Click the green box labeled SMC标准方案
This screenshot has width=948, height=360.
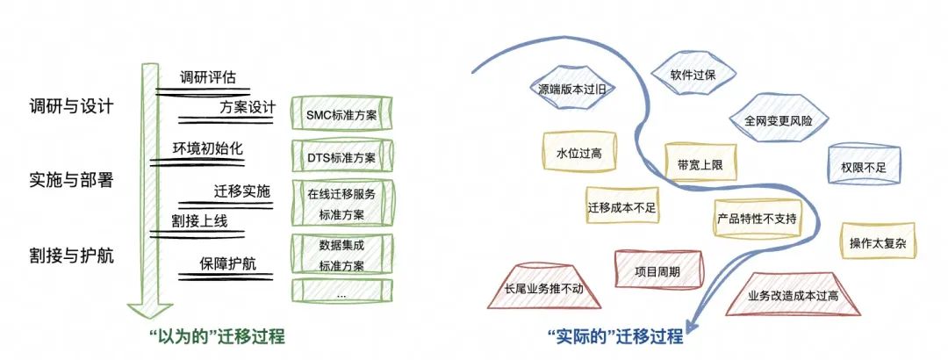(x=342, y=112)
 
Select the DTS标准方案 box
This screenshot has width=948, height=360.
(x=342, y=156)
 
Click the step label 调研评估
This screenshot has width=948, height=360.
(x=207, y=78)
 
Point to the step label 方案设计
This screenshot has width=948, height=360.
(x=248, y=108)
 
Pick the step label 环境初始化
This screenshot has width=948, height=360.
(x=200, y=149)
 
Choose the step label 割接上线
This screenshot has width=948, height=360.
(x=199, y=221)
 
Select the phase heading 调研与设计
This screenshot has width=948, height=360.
(x=71, y=106)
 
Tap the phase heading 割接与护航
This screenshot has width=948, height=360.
(x=71, y=256)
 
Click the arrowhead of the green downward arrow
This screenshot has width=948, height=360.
(x=147, y=310)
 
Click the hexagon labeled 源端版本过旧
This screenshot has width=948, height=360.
(x=572, y=89)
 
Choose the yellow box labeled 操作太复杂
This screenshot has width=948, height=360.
(x=878, y=242)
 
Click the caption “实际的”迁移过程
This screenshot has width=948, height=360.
(x=614, y=336)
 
